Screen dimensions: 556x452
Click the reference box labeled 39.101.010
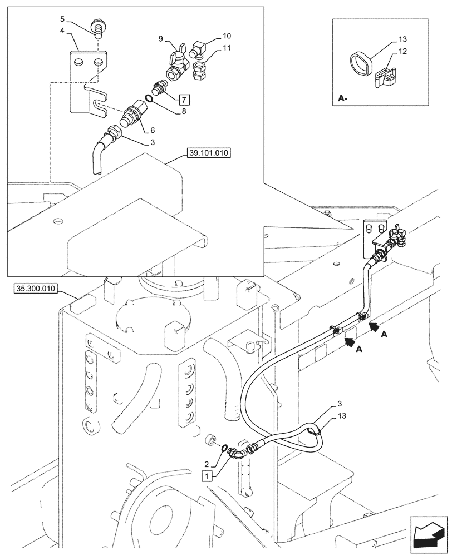coord(210,152)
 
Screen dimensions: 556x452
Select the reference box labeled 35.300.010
coord(36,289)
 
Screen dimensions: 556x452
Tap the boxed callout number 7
coord(184,100)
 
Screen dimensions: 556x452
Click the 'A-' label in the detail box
coord(343,99)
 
